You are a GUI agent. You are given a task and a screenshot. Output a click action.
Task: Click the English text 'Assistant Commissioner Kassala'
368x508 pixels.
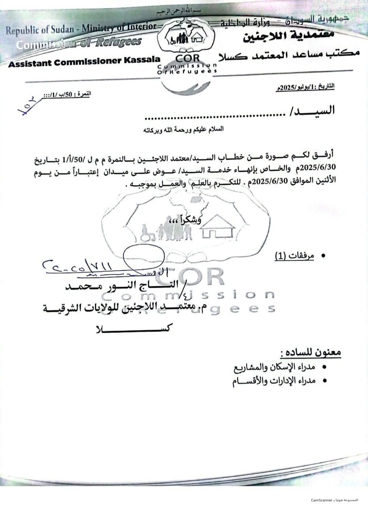pos(84,61)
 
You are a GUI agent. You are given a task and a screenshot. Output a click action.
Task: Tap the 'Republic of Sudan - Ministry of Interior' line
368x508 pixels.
pos(81,29)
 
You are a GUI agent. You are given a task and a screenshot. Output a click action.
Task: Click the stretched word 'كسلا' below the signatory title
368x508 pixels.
pos(133,329)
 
